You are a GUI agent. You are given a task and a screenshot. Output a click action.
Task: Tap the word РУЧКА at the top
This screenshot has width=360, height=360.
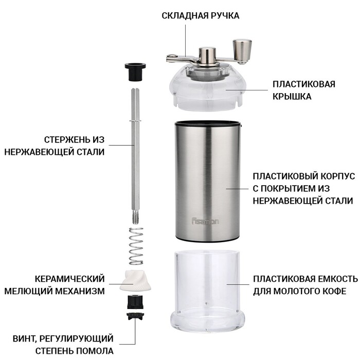225,15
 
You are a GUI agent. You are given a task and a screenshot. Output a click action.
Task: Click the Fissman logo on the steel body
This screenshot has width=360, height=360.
205,222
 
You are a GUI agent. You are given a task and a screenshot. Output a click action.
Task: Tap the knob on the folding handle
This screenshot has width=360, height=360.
241,49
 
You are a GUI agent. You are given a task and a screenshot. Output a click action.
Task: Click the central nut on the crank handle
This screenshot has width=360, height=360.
208,53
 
